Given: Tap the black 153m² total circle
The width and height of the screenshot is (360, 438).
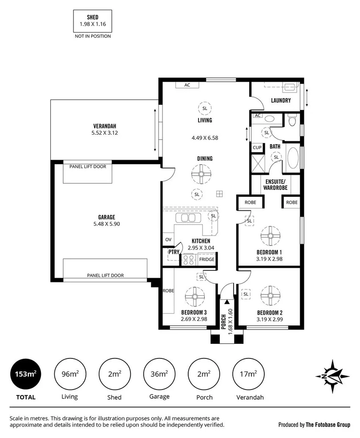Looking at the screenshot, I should (25, 374).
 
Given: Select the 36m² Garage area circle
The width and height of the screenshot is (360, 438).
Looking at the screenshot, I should (159, 374).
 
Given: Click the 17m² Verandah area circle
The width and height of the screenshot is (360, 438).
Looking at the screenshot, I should (248, 374).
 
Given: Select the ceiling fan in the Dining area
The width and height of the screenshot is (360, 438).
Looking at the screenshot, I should (201, 174).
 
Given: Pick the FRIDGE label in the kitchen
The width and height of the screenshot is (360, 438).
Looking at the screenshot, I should (206, 259).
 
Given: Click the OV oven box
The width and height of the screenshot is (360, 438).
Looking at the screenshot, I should (168, 240).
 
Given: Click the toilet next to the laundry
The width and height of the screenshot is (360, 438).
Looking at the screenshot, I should (292, 120).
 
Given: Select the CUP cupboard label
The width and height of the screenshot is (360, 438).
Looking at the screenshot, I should (257, 147).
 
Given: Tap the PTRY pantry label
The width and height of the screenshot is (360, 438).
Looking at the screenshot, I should (173, 252).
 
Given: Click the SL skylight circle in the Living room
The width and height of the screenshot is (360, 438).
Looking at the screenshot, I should (205, 108).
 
